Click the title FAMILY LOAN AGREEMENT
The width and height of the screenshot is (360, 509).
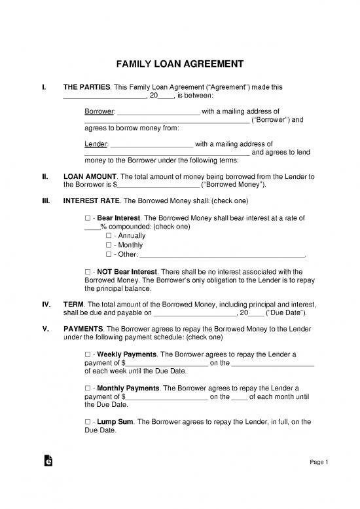(x=180, y=64)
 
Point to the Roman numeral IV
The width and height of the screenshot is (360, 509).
(x=46, y=305)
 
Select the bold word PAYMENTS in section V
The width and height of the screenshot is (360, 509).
(x=82, y=328)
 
